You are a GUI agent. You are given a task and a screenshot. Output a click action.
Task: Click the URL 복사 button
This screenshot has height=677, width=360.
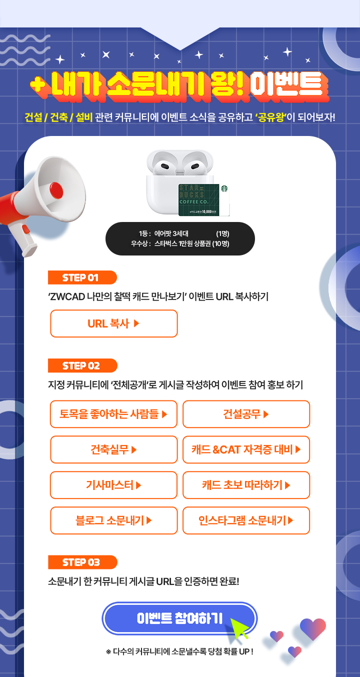point(113,323)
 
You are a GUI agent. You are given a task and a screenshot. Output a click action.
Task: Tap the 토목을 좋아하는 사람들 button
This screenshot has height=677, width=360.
point(113,414)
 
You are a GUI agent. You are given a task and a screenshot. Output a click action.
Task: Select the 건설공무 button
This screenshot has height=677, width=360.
point(246,414)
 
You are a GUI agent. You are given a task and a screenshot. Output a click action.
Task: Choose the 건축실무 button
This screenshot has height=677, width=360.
point(113,449)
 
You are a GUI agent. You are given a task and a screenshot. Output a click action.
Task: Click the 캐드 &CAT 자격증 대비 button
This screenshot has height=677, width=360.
point(246,449)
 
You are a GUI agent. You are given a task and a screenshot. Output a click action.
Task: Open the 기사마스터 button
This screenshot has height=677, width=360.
point(113,485)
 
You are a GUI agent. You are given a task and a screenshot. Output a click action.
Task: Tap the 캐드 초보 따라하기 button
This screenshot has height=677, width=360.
point(246,485)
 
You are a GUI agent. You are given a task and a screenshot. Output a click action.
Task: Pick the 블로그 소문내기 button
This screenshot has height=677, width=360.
point(113,520)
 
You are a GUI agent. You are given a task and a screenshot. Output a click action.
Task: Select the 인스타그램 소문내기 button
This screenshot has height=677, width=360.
point(246,520)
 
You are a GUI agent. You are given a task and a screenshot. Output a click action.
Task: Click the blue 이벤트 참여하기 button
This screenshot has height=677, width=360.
point(179,618)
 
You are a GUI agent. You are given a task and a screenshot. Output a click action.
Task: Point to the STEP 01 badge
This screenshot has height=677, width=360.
point(82,277)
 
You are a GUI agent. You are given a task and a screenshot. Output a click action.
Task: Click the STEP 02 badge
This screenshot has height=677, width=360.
point(82,365)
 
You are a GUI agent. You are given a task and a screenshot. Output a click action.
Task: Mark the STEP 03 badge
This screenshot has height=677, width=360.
point(82,562)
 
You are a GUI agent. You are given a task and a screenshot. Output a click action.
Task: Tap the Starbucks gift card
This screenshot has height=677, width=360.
point(203,200)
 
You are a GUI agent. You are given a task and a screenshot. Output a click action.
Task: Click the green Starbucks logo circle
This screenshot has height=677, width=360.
point(224,188)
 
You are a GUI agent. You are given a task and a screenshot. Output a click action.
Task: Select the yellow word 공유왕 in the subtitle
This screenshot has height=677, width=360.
point(271,117)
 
